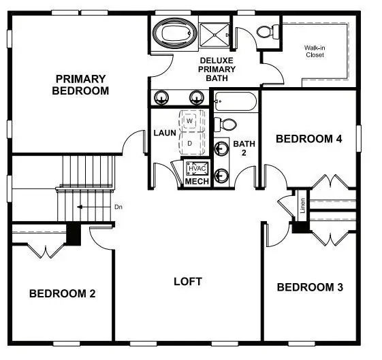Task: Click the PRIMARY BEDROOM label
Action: (80, 84)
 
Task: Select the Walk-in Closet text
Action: (315, 51)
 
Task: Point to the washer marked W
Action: (191, 120)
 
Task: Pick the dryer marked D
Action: (190, 144)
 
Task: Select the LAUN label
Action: (164, 133)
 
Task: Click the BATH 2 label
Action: (244, 149)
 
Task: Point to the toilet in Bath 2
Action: (225, 125)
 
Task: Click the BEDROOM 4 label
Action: (308, 139)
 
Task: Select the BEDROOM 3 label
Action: (310, 287)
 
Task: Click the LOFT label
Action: (188, 281)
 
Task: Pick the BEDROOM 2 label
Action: (62, 293)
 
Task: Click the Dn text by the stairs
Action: (118, 207)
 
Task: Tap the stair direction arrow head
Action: (80, 207)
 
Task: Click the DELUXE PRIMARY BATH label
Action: (217, 69)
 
